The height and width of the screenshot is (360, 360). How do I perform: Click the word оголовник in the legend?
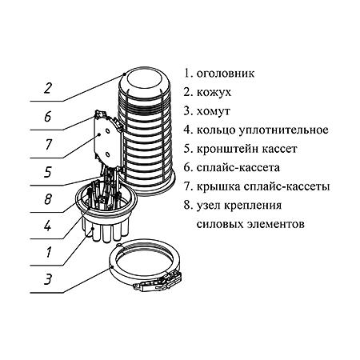pos(225,73)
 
